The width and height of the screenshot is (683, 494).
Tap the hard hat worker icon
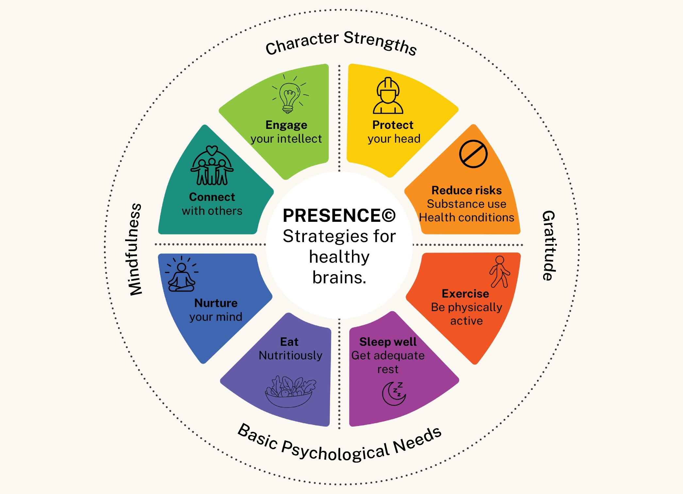click(x=388, y=96)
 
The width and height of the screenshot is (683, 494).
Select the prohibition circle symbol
click(x=473, y=154)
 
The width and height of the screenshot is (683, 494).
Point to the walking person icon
click(x=500, y=272)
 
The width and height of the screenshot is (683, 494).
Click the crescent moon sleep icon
click(x=394, y=393)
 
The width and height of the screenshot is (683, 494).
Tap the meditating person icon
click(x=182, y=274)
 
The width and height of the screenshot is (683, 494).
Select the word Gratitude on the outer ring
click(x=549, y=245)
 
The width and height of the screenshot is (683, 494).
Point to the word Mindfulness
click(x=134, y=249)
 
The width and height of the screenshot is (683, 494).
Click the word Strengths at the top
click(x=380, y=43)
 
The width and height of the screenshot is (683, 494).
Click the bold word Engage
click(x=286, y=125)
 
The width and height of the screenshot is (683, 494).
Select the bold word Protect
click(x=393, y=125)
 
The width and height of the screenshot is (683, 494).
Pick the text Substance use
click(x=466, y=204)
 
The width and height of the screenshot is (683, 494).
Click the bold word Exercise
click(x=465, y=293)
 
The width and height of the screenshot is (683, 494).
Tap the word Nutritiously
click(x=291, y=356)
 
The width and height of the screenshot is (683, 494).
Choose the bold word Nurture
click(x=216, y=303)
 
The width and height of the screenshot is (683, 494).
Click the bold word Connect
click(x=212, y=197)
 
